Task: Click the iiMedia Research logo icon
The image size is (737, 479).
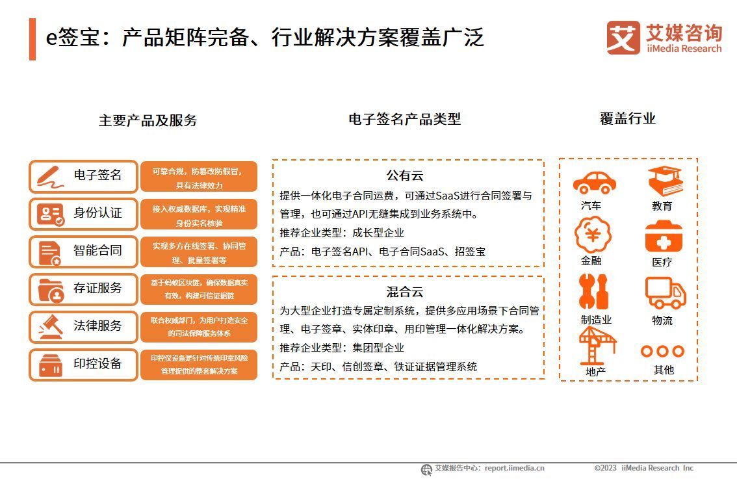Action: pos(623,38)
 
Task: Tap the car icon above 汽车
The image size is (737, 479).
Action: pos(594,183)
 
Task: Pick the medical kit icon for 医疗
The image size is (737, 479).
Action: pos(664,237)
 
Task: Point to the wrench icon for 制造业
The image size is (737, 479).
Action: pos(593,292)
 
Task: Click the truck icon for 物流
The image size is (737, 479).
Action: pos(665,292)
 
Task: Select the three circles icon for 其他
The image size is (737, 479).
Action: pos(662,351)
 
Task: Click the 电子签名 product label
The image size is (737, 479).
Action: pos(97,175)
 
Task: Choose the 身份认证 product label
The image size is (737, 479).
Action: pos(97,213)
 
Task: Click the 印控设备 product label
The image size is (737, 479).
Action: pos(97,364)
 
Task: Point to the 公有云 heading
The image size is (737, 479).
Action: pos(405,175)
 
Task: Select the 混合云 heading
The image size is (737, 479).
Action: pos(405,292)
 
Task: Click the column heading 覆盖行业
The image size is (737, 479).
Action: pos(627,119)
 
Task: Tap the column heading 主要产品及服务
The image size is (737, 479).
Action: pos(148,120)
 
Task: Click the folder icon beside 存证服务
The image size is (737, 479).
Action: pos(50,289)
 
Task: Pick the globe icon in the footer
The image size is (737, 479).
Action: pos(426,469)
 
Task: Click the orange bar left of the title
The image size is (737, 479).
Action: pos(32,39)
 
